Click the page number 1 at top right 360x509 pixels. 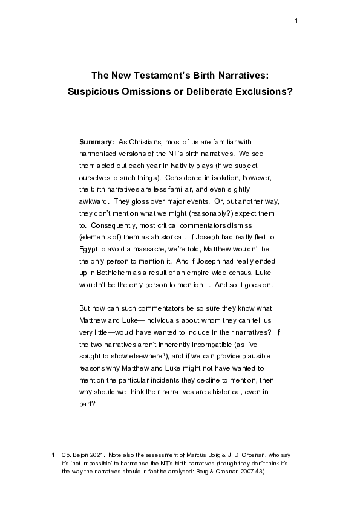[296, 22]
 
